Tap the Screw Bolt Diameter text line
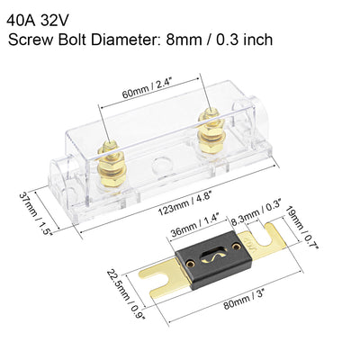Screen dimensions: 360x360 139,40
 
